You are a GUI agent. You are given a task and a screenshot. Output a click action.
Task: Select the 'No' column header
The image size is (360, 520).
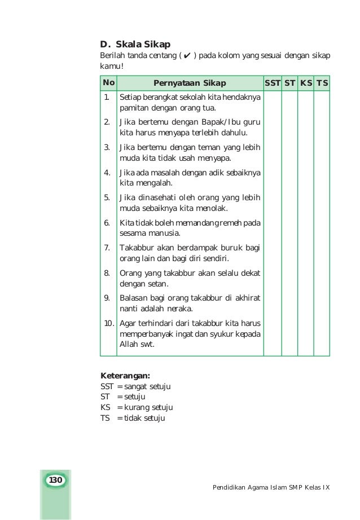108,83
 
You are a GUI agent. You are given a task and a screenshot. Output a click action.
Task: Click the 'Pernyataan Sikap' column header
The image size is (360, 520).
190,83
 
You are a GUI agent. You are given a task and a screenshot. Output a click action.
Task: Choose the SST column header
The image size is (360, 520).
273,83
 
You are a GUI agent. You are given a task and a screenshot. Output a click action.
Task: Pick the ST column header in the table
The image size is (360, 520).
290,83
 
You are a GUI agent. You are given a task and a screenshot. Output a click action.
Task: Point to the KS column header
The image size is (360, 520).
306,83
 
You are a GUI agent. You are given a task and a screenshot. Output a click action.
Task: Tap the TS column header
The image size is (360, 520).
322,83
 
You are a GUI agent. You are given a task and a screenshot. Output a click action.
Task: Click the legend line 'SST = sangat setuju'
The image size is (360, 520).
135,386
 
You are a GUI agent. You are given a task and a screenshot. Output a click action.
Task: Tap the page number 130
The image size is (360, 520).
55,480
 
